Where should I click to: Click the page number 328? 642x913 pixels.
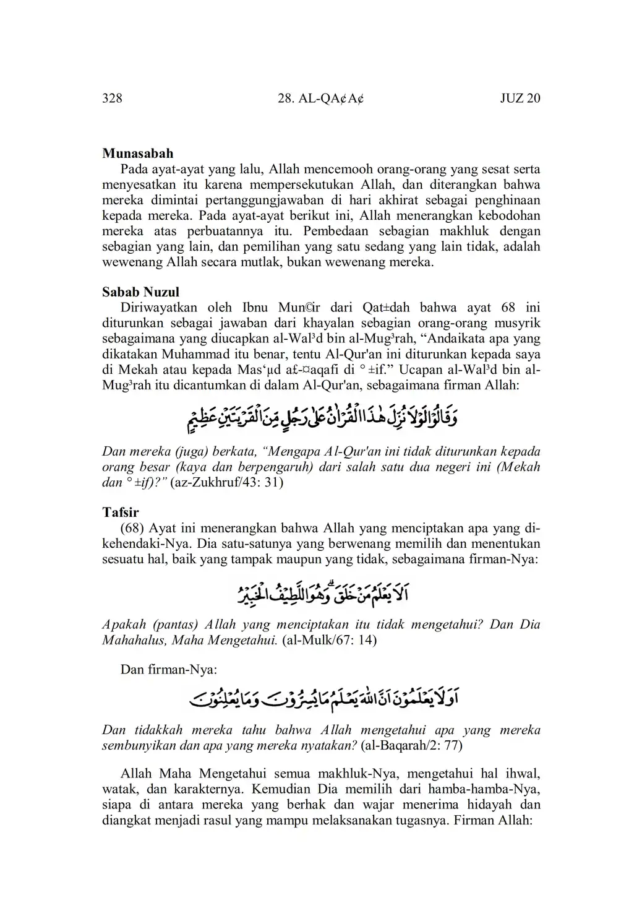pos(112,98)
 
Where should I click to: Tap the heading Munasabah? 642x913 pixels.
pos(137,154)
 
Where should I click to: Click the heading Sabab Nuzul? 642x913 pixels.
pos(140,292)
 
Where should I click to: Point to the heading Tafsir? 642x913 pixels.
pos(120,513)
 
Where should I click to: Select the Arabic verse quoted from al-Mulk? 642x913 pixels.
pos(320,593)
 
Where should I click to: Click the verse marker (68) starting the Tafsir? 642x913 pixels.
pos(132,529)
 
